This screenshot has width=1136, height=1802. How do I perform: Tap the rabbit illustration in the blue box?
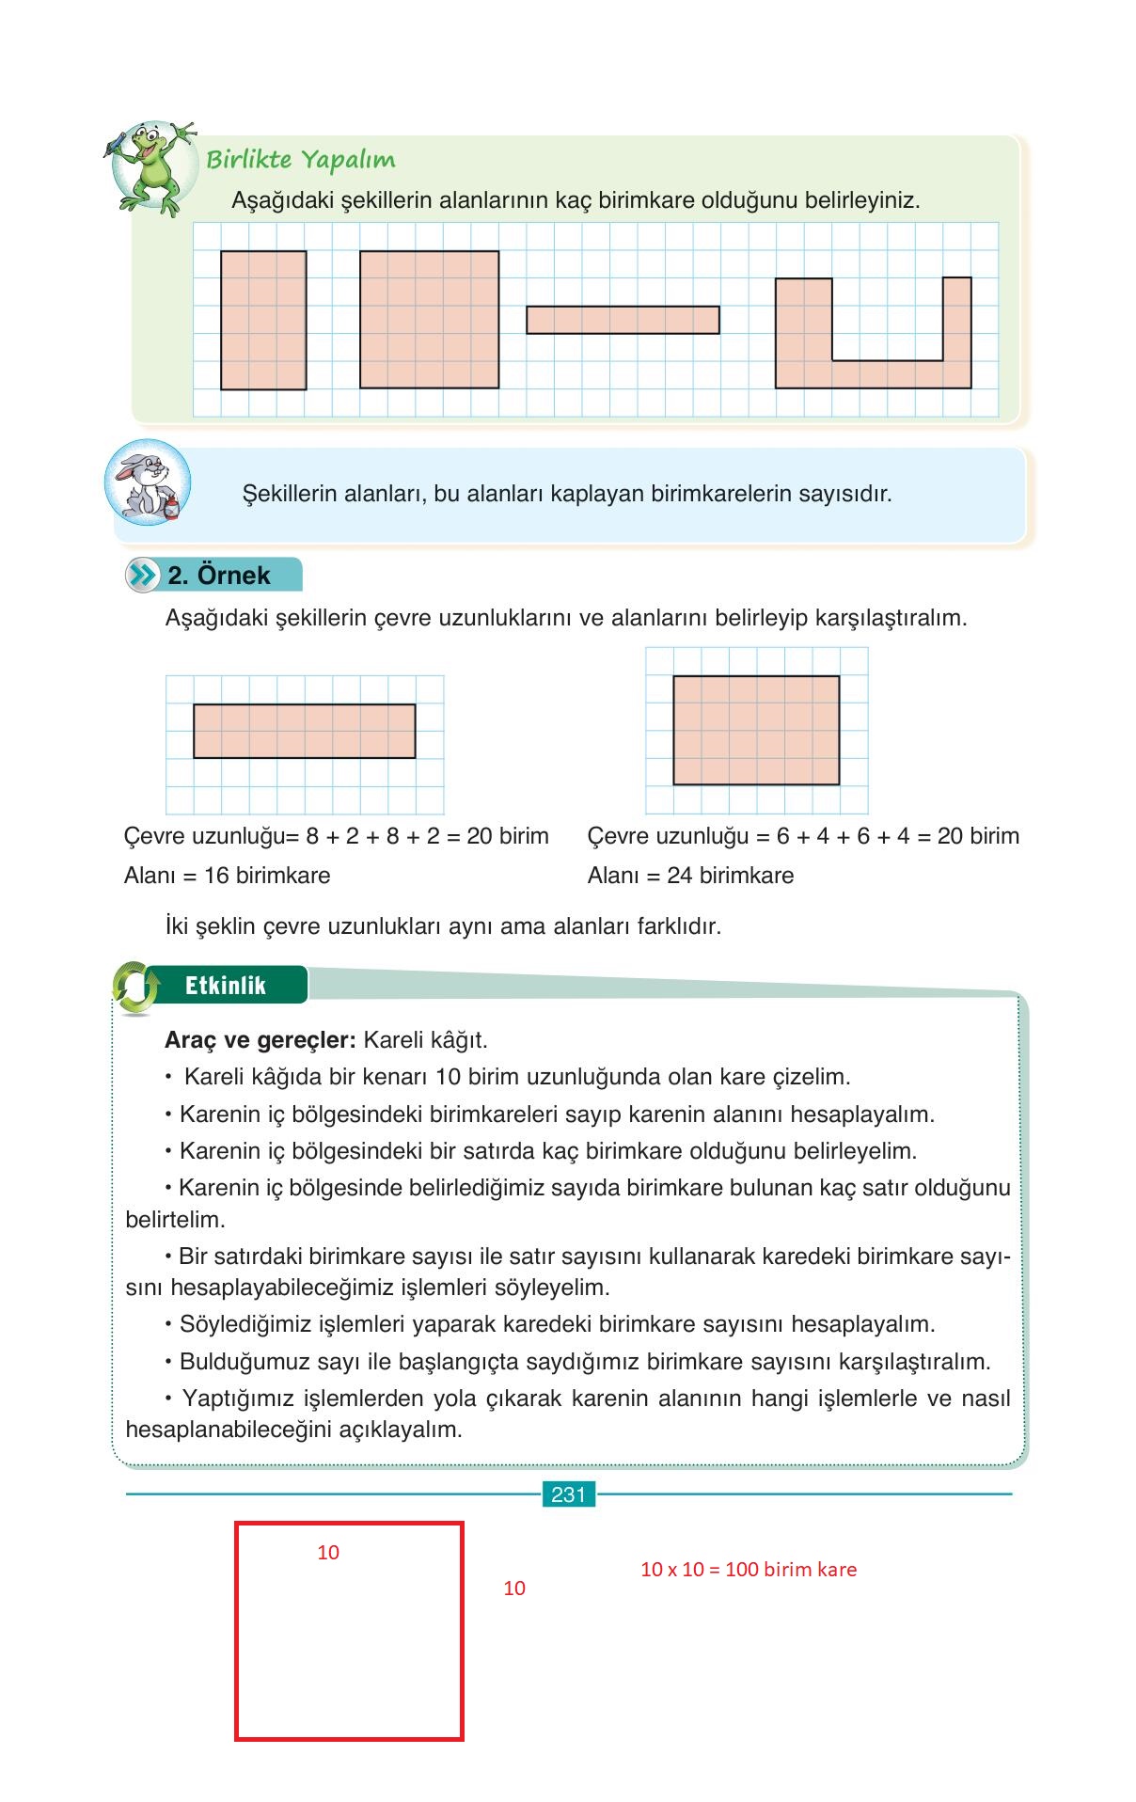pyautogui.click(x=147, y=482)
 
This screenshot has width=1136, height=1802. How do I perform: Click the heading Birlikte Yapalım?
pyautogui.click(x=300, y=159)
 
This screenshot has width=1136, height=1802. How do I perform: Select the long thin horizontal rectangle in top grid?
pyautogui.click(x=623, y=320)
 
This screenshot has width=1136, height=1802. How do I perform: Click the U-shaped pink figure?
pyautogui.click(x=873, y=373)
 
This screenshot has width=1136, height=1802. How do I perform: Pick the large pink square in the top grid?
pyautogui.click(x=429, y=319)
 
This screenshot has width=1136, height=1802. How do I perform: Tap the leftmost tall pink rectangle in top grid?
pyautogui.click(x=263, y=320)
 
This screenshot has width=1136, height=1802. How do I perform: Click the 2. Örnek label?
pyautogui.click(x=219, y=575)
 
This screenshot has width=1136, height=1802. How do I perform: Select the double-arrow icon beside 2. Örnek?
pyautogui.click(x=141, y=575)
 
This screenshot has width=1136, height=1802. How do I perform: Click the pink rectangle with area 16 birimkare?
pyautogui.click(x=304, y=731)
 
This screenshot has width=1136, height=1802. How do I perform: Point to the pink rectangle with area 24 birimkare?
pyautogui.click(x=756, y=730)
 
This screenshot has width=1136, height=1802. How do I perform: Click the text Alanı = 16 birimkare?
pyautogui.click(x=228, y=876)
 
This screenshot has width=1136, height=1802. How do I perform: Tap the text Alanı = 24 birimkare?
pyautogui.click(x=690, y=876)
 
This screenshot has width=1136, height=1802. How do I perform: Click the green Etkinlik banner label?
pyautogui.click(x=226, y=985)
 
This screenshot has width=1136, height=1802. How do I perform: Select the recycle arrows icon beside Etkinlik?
pyautogui.click(x=135, y=988)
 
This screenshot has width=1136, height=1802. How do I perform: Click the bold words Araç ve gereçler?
pyautogui.click(x=260, y=1040)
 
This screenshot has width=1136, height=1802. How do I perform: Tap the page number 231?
pyautogui.click(x=568, y=1494)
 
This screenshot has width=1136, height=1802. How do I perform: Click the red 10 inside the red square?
pyautogui.click(x=328, y=1553)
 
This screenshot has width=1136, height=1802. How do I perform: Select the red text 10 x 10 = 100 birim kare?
pyautogui.click(x=749, y=1569)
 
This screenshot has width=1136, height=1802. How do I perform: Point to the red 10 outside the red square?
pyautogui.click(x=514, y=1589)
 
